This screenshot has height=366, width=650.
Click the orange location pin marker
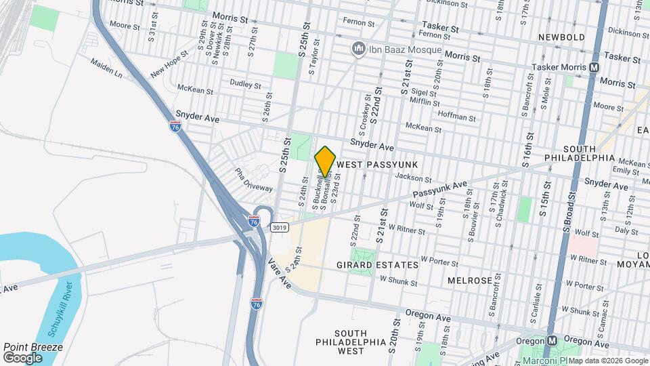click(325, 161)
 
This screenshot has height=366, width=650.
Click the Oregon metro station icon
click(552, 340)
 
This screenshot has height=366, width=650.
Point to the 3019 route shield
click(278, 228)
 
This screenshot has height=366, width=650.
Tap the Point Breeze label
click(33, 347)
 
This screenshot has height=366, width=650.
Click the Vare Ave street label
click(279, 272)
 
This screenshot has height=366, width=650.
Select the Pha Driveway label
click(254, 180)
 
